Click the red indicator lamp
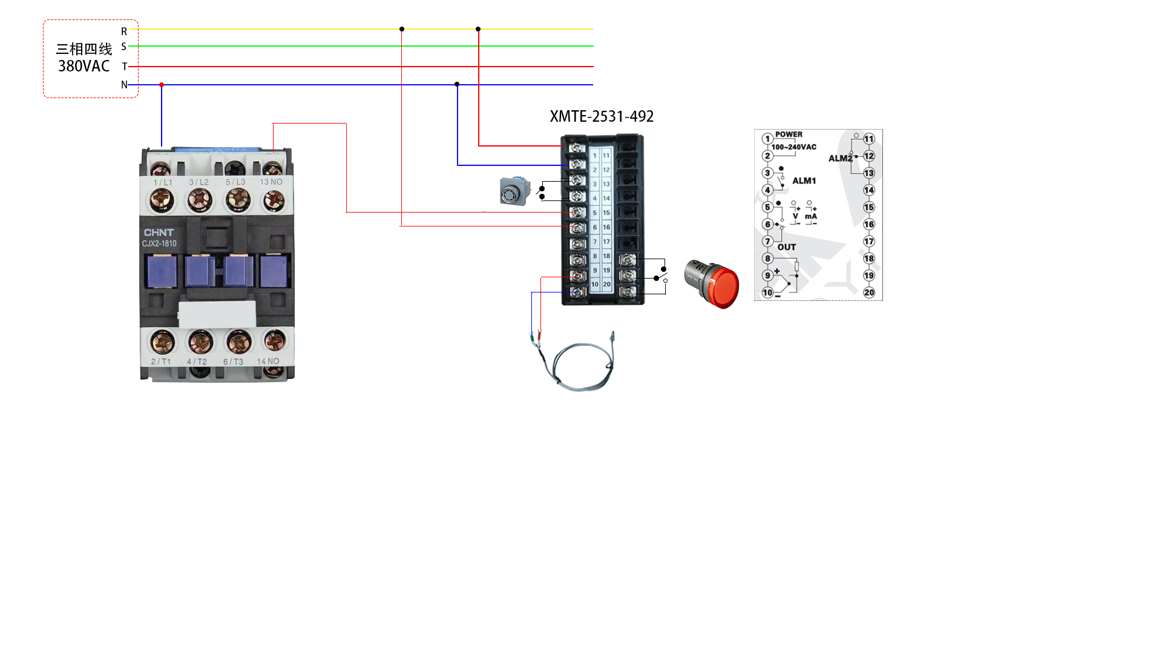pyautogui.click(x=714, y=285)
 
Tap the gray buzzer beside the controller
pyautogui.click(x=514, y=191)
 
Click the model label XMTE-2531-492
pyautogui.click(x=602, y=116)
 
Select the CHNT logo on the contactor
pyautogui.click(x=159, y=233)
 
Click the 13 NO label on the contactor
pyautogui.click(x=271, y=182)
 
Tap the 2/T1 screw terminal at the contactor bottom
pyautogui.click(x=162, y=343)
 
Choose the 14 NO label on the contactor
pyautogui.click(x=268, y=362)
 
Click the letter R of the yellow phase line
pyautogui.click(x=124, y=31)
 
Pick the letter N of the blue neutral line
pyautogui.click(x=124, y=85)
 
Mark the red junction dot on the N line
pyautogui.click(x=162, y=85)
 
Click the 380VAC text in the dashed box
pyautogui.click(x=84, y=66)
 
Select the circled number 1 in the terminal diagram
pyautogui.click(x=767, y=139)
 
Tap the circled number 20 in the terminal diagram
pyautogui.click(x=869, y=292)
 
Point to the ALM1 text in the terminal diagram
pyautogui.click(x=804, y=180)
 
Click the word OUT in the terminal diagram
pyautogui.click(x=787, y=247)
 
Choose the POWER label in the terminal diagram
pyautogui.click(x=789, y=134)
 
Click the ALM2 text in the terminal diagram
pyautogui.click(x=840, y=159)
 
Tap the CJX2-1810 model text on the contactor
pyautogui.click(x=159, y=243)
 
